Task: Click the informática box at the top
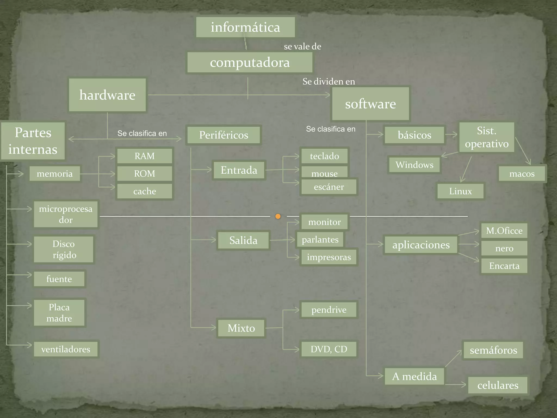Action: tap(245, 27)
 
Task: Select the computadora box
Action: tap(250, 63)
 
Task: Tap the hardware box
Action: tap(107, 95)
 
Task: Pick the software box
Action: tap(370, 104)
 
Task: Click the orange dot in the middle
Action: tap(278, 216)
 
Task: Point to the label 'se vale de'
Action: tap(302, 47)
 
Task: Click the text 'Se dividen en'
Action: tap(329, 81)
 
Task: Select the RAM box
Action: tap(144, 156)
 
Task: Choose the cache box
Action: tap(144, 191)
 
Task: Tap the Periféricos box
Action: tap(224, 135)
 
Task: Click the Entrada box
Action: tap(239, 170)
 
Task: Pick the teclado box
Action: tap(324, 156)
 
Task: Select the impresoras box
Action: tap(329, 257)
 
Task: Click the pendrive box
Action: tap(329, 310)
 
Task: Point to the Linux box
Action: tap(460, 191)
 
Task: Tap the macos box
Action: tap(522, 174)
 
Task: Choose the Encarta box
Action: tap(504, 266)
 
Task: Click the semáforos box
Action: tap(493, 350)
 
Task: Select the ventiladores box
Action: tap(66, 349)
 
